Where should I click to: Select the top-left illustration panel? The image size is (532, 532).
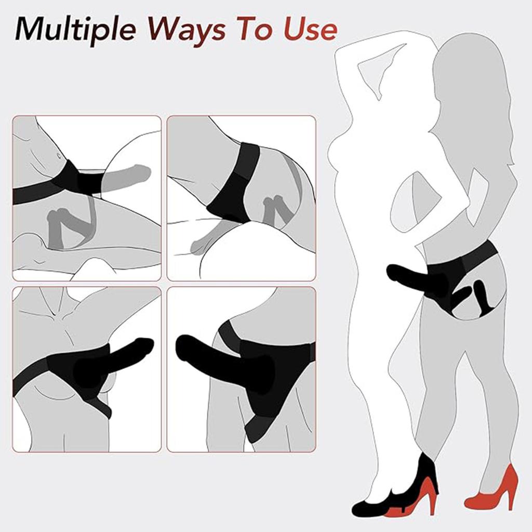pos(86,198)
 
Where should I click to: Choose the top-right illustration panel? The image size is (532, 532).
pos(241,198)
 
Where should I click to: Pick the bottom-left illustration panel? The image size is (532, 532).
pos(86,369)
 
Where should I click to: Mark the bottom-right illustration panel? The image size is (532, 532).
pos(241,369)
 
